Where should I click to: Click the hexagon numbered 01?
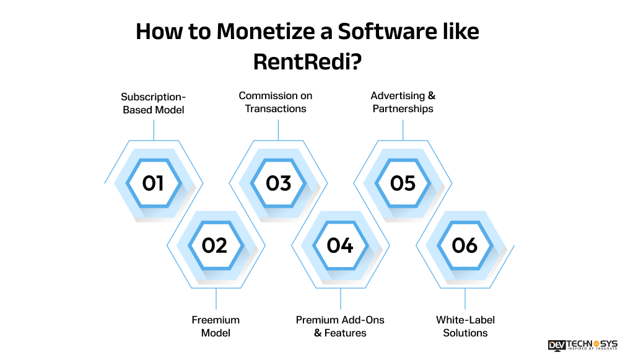pos(153,183)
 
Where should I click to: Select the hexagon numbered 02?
pos(216,245)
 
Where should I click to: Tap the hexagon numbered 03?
pos(278,183)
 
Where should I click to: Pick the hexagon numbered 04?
pos(340,245)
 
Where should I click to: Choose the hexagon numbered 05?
pos(403,183)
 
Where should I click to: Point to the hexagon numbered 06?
pos(465,245)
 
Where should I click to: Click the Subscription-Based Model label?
pos(153,103)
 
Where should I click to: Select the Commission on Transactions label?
pos(276,102)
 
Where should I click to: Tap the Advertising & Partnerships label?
pos(403,102)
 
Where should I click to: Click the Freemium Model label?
pos(216,327)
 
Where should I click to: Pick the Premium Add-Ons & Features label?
pos(340,327)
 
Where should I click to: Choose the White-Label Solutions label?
pos(465,327)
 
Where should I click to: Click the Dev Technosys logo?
pos(582,346)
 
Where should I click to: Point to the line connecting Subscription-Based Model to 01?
pos(153,130)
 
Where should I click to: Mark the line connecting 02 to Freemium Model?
pos(216,299)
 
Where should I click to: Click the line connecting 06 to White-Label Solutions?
pos(465,299)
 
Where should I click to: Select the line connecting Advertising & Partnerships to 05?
pos(403,130)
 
